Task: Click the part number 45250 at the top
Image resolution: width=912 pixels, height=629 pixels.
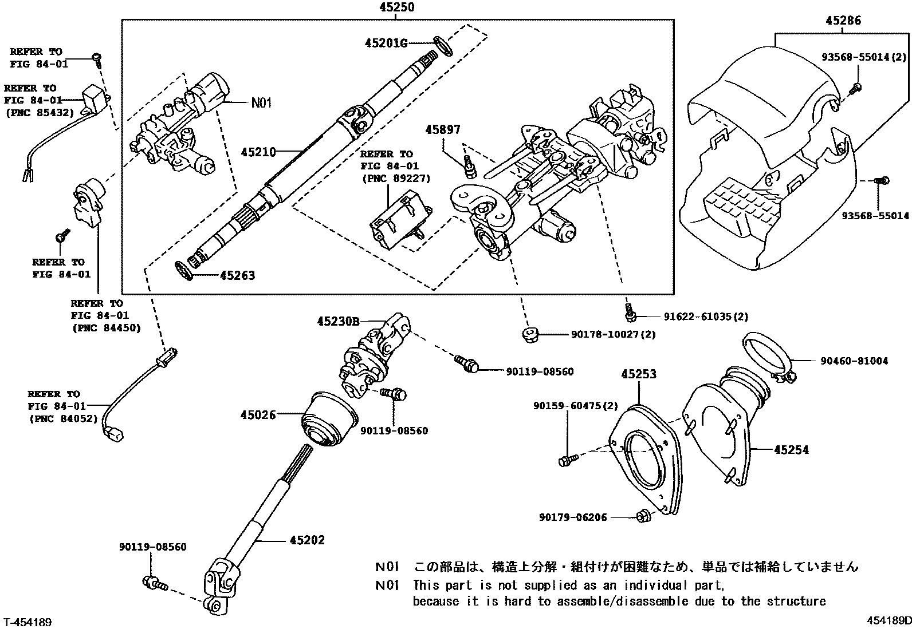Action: tap(397, 7)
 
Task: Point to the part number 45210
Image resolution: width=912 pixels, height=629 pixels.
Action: tap(258, 152)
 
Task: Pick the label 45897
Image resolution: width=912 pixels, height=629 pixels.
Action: tap(443, 130)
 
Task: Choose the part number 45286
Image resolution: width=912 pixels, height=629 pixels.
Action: tap(843, 21)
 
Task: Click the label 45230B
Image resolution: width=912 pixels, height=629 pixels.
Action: tap(339, 322)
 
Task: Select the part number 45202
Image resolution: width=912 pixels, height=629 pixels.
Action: tap(307, 540)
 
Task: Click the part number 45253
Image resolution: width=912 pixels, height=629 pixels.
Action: tap(639, 374)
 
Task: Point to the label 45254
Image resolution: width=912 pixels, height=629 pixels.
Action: tap(791, 450)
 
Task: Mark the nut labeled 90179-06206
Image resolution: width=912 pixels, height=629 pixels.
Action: tap(642, 517)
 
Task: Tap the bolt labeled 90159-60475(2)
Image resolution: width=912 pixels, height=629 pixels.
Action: tap(564, 459)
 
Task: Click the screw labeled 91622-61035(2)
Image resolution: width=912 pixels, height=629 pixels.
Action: tap(630, 312)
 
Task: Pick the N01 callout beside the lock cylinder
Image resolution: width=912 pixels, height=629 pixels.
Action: tap(261, 103)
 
